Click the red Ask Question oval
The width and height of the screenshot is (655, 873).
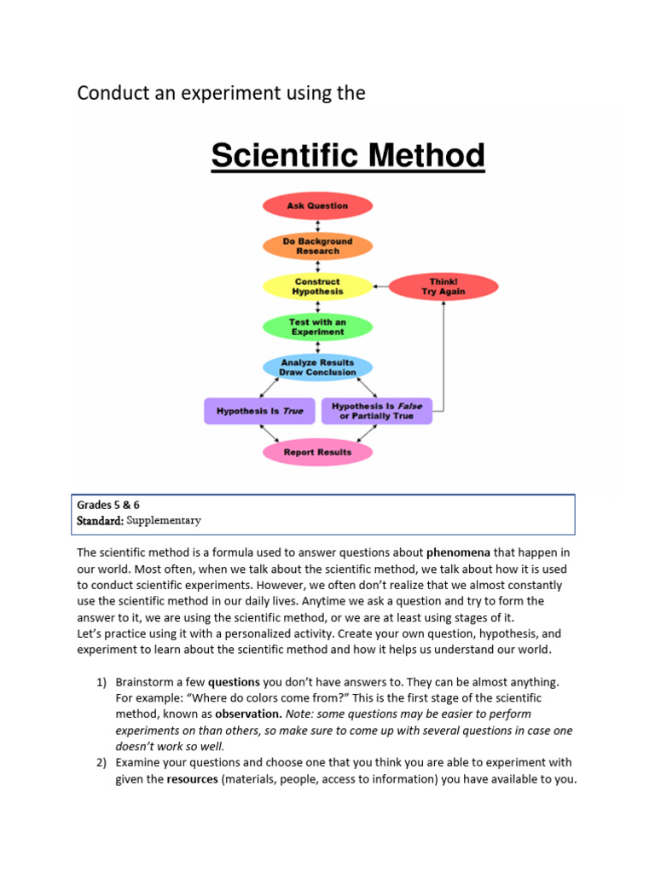(317, 205)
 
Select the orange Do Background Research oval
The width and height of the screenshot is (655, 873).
(317, 246)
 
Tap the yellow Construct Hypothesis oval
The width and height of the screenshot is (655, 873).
(317, 286)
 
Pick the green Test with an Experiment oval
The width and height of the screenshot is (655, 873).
(317, 327)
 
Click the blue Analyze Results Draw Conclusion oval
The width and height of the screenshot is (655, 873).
(317, 367)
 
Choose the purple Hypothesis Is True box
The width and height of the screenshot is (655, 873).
(259, 411)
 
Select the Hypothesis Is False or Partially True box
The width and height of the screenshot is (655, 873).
(376, 411)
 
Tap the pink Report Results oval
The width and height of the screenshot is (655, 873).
(317, 452)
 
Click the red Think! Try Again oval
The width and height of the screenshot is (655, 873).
(443, 286)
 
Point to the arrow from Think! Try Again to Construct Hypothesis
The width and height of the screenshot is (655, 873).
(380, 286)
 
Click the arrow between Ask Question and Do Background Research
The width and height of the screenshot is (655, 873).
(317, 226)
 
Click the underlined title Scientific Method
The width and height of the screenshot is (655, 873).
(348, 157)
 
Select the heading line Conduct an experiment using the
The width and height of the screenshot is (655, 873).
(221, 93)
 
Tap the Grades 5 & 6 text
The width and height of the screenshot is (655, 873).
(108, 505)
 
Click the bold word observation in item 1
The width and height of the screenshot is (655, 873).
(248, 714)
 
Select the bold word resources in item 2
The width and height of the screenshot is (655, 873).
(192, 779)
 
